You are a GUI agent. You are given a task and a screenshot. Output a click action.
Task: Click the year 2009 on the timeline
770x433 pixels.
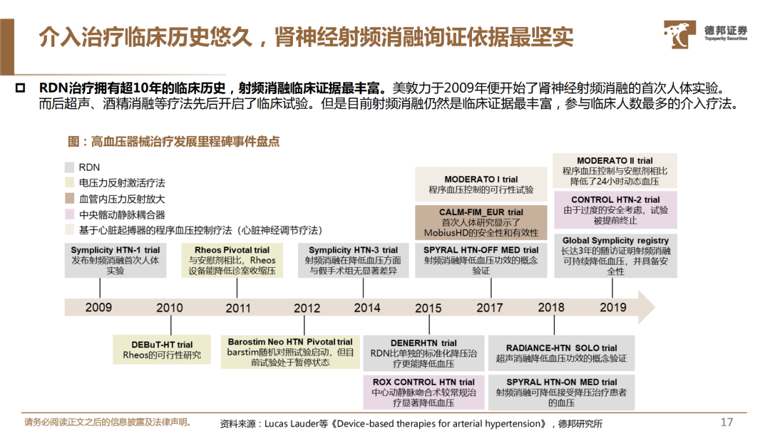98,308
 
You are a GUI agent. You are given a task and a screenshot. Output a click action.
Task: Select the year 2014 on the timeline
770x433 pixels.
367,308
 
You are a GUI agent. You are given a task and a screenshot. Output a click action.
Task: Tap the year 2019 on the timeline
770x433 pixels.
613,308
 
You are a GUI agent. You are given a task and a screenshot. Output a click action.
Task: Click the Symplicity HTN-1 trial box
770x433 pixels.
115,261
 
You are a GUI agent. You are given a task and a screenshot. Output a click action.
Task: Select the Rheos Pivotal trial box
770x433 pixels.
232,261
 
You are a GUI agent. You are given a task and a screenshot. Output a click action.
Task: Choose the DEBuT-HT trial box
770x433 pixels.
162,350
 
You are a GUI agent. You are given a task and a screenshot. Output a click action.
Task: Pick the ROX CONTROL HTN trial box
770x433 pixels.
423,392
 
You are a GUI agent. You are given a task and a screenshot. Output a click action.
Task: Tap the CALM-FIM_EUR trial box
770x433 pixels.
481,222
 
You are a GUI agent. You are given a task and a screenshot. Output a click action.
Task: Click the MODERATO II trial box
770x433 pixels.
615,171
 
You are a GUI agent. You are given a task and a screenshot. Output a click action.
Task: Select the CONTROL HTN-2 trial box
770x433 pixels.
616,210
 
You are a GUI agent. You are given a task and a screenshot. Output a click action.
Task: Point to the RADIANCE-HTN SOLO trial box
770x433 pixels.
561,353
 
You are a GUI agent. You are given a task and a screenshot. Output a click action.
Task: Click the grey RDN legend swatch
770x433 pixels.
69,167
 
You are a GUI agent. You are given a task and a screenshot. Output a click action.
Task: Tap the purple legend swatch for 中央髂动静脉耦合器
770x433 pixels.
69,214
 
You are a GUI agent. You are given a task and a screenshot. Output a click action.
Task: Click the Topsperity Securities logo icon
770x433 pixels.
679,34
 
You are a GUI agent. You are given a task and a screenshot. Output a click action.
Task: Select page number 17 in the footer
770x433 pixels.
727,422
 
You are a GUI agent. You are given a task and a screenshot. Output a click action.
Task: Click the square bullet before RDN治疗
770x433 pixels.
20,88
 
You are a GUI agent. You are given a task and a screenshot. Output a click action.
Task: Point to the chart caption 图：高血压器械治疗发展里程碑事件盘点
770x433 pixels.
173,142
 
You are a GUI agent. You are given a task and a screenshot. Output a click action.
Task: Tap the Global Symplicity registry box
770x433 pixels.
616,256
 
